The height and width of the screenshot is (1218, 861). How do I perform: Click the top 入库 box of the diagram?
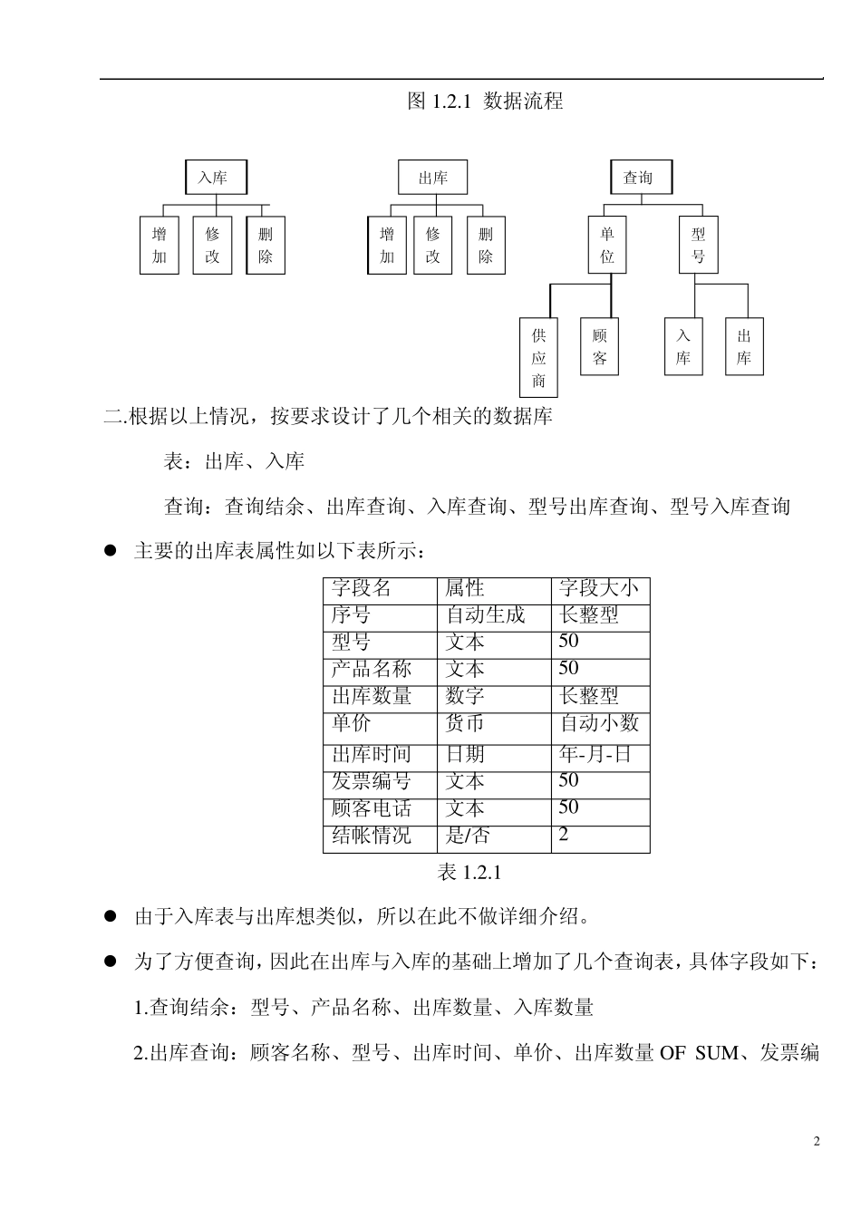tap(215, 178)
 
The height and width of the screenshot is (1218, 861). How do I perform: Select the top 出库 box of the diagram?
tap(432, 178)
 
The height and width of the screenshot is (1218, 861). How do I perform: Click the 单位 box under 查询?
tap(607, 245)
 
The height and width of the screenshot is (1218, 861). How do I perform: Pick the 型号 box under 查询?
tap(698, 245)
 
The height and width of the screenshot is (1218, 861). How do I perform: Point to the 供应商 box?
tap(538, 358)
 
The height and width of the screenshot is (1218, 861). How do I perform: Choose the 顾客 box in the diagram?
tap(599, 347)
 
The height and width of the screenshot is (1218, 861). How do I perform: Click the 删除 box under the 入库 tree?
tap(266, 245)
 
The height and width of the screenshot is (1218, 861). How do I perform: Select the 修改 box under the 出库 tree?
tap(432, 245)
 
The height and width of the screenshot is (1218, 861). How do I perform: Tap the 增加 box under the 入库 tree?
tap(160, 245)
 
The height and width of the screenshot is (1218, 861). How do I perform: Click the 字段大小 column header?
tap(599, 589)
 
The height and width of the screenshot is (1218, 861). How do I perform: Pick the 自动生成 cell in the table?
tap(486, 616)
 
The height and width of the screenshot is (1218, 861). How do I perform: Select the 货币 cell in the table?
tap(466, 723)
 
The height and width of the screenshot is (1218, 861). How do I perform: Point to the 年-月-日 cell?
tap(595, 754)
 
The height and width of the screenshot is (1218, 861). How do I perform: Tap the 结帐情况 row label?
tap(372, 836)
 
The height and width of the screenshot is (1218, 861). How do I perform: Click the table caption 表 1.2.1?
tap(469, 872)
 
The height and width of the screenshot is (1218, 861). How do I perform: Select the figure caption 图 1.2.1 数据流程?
tap(485, 101)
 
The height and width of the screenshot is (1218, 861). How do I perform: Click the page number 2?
tap(816, 1141)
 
